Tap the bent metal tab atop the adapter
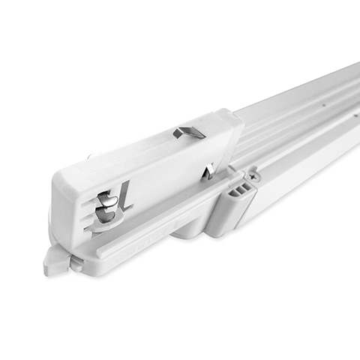pyautogui.click(x=189, y=133)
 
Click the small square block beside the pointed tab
pyautogui.click(x=76, y=262)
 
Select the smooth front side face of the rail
pyautogui.click(x=300, y=161)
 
